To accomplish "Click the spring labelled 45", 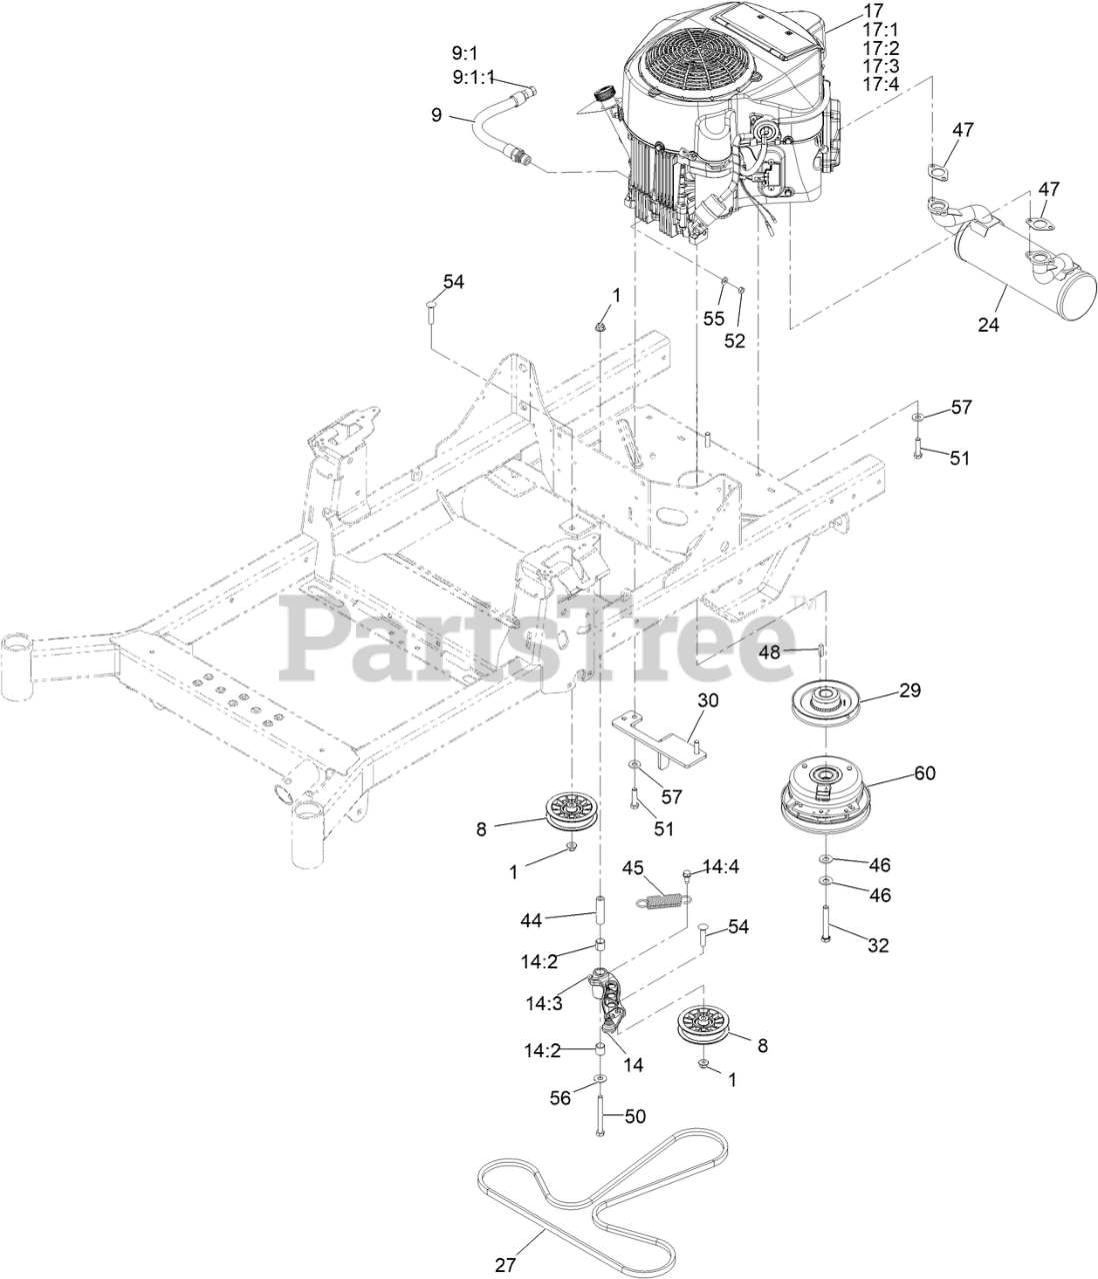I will point(660,900).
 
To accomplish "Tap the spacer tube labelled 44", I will point(603,912).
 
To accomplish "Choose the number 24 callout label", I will point(991,324).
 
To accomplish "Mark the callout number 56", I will point(560,1097).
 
